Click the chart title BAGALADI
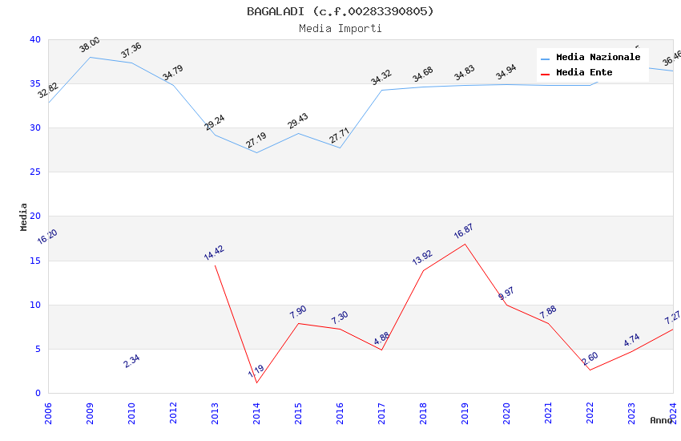click(x=340, y=11)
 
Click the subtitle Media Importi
click(x=340, y=28)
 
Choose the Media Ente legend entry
click(x=584, y=73)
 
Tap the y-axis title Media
click(x=24, y=216)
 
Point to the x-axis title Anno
click(x=661, y=420)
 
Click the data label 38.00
click(x=90, y=45)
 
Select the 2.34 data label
click(x=131, y=361)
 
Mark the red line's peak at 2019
click(x=465, y=244)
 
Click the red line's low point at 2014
click(x=256, y=382)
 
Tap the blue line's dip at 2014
click(x=256, y=152)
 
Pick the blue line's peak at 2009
click(x=90, y=57)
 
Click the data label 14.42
click(x=214, y=253)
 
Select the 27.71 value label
click(x=340, y=135)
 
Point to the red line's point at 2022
click(x=590, y=370)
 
